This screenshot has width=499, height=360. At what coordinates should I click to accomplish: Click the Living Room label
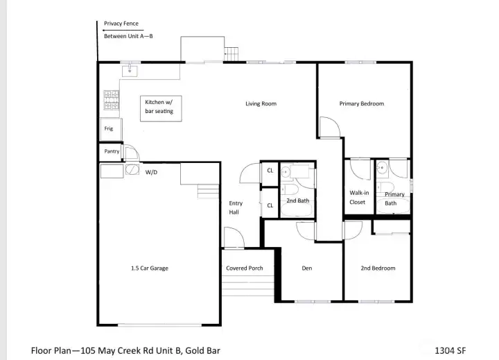(x=261, y=104)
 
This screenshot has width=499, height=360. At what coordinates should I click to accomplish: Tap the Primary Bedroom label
(x=361, y=104)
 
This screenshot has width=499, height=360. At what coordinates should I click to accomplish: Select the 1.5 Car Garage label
(x=150, y=268)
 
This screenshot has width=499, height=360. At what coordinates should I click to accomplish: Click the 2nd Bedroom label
(x=378, y=268)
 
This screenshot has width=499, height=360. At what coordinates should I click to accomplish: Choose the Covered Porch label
(x=244, y=268)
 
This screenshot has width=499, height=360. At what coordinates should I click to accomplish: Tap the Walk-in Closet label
(x=358, y=198)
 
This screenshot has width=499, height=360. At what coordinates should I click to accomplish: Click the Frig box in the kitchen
(x=110, y=129)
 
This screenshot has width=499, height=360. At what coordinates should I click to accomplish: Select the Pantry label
(x=111, y=151)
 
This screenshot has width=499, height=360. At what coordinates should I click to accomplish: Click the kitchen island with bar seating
(x=159, y=107)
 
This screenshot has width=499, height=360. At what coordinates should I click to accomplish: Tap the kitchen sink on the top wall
(x=130, y=70)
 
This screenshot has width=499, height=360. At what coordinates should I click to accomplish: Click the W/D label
(x=150, y=172)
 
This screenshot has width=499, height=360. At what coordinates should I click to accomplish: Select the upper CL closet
(x=270, y=171)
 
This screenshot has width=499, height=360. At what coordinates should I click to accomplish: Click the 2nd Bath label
(x=297, y=201)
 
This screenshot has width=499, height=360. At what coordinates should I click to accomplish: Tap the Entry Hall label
(x=235, y=207)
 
